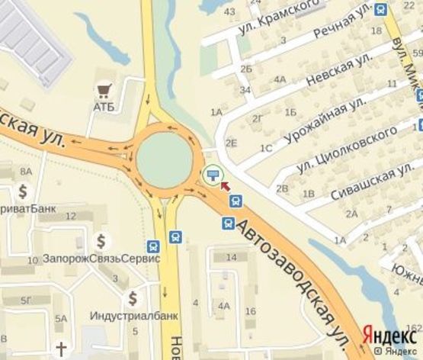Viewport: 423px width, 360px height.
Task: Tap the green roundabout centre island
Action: tap(164, 159)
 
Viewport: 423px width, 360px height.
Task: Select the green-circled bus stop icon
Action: tap(212, 175)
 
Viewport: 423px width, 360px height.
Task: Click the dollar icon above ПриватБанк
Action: tap(23, 191)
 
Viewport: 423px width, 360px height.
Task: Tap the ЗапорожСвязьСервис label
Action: tap(101, 258)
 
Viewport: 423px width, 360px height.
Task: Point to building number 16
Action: tap(251, 310)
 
